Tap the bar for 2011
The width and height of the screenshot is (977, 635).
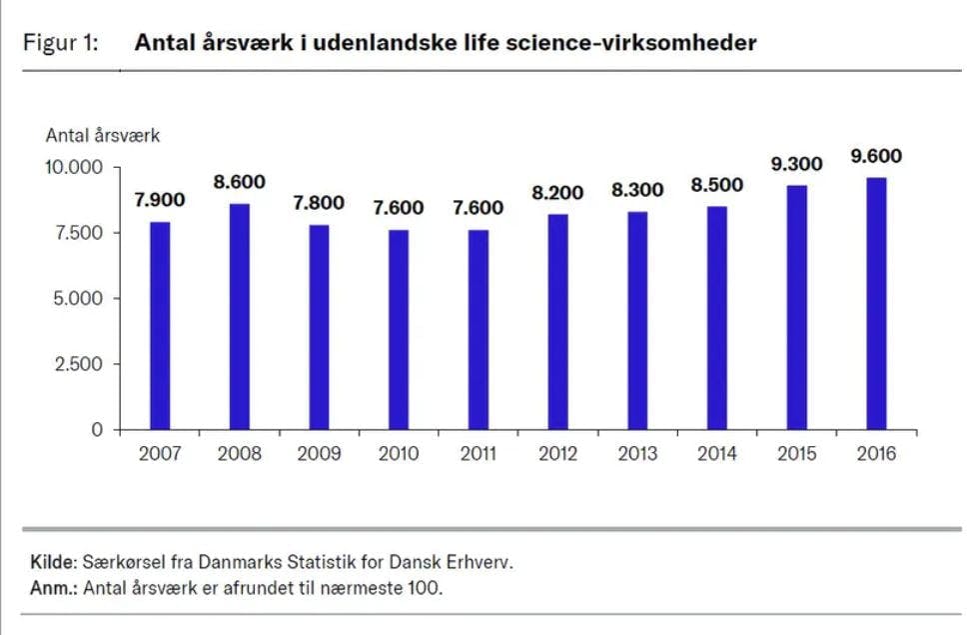(x=479, y=329)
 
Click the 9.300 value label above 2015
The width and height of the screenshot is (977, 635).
(x=796, y=163)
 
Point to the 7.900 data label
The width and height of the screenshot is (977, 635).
(x=160, y=200)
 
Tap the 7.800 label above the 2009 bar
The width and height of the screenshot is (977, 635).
(x=319, y=203)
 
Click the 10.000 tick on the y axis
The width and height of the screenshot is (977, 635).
(x=74, y=167)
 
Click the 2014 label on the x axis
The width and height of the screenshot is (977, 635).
(x=717, y=454)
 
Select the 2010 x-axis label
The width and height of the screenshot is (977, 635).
(x=399, y=454)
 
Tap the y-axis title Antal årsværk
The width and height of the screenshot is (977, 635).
(x=103, y=136)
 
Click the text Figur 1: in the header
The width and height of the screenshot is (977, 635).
(x=60, y=43)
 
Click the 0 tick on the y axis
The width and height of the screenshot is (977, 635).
(x=98, y=430)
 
